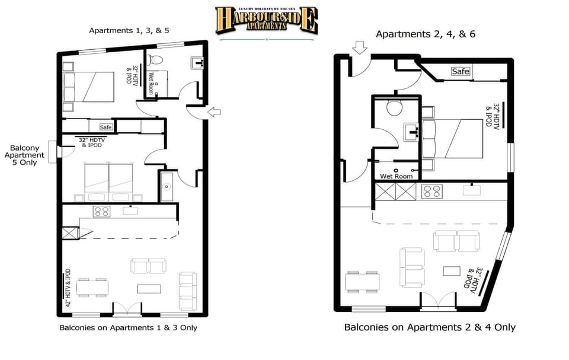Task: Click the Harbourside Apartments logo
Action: (266, 20)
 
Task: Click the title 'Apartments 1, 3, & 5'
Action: (129, 30)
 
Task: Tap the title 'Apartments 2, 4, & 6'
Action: (425, 34)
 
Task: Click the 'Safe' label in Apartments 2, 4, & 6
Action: (460, 72)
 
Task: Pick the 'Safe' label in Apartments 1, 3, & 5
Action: (106, 127)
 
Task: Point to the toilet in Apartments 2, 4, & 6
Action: (394, 107)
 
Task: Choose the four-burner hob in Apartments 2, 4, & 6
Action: (430, 192)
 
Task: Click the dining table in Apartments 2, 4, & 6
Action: (363, 282)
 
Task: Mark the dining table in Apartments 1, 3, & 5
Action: (92, 288)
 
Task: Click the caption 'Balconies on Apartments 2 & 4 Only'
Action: (430, 327)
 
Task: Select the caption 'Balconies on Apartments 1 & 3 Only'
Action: (128, 327)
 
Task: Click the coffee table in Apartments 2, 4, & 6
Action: (452, 270)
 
